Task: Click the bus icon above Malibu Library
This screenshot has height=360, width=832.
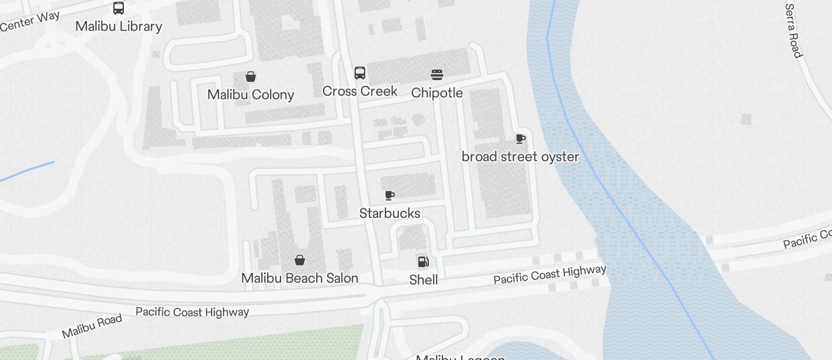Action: pyautogui.click(x=119, y=8)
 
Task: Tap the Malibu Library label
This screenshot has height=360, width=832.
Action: pyautogui.click(x=119, y=26)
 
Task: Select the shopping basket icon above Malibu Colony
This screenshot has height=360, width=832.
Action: pyautogui.click(x=251, y=77)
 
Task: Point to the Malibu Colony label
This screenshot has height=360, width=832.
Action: pyautogui.click(x=251, y=95)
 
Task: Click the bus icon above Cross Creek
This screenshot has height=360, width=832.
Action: pyautogui.click(x=360, y=73)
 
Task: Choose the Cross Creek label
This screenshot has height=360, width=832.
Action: pyautogui.click(x=360, y=91)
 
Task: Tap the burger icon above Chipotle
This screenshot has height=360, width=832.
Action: pyautogui.click(x=437, y=75)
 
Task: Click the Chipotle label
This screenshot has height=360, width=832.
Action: pyautogui.click(x=437, y=93)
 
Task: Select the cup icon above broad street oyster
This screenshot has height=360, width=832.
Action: pyautogui.click(x=521, y=139)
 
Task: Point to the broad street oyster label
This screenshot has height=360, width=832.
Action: pyautogui.click(x=521, y=157)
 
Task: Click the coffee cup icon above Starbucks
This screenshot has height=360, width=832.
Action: pyautogui.click(x=390, y=195)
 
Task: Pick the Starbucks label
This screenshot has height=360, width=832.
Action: pyautogui.click(x=390, y=213)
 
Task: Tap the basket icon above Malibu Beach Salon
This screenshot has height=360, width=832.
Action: pyautogui.click(x=300, y=260)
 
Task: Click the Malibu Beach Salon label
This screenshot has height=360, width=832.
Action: pyautogui.click(x=300, y=278)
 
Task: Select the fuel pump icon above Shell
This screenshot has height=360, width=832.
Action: pyautogui.click(x=424, y=261)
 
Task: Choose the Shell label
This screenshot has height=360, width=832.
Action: pyautogui.click(x=424, y=280)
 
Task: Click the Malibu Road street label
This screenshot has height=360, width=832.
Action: pyautogui.click(x=92, y=326)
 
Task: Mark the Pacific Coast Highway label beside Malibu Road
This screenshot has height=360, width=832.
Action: pyautogui.click(x=192, y=312)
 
